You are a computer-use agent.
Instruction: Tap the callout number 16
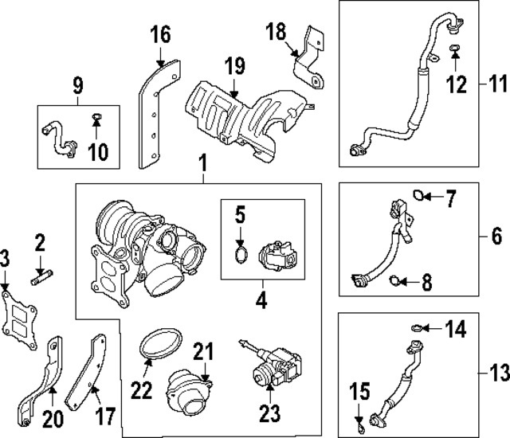(x=160, y=34)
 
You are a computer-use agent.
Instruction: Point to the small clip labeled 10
(x=96, y=119)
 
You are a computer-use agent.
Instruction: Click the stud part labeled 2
(x=40, y=277)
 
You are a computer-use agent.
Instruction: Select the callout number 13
(x=495, y=373)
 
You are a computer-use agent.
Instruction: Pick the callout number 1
(x=202, y=166)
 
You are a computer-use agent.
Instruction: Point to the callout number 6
(x=495, y=237)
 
